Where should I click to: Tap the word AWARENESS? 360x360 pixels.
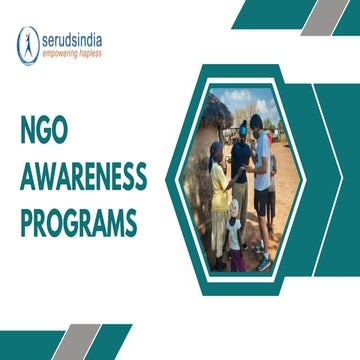click(83, 178)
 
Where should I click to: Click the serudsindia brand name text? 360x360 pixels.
click(72, 40)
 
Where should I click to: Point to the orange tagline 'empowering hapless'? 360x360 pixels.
click(72, 54)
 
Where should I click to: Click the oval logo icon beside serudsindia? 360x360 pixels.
click(28, 45)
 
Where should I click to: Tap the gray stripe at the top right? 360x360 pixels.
click(321, 16)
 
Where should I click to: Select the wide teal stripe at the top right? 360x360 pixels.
click(270, 16)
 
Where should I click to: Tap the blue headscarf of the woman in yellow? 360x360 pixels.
click(217, 150)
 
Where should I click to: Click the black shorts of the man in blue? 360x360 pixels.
click(265, 200)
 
